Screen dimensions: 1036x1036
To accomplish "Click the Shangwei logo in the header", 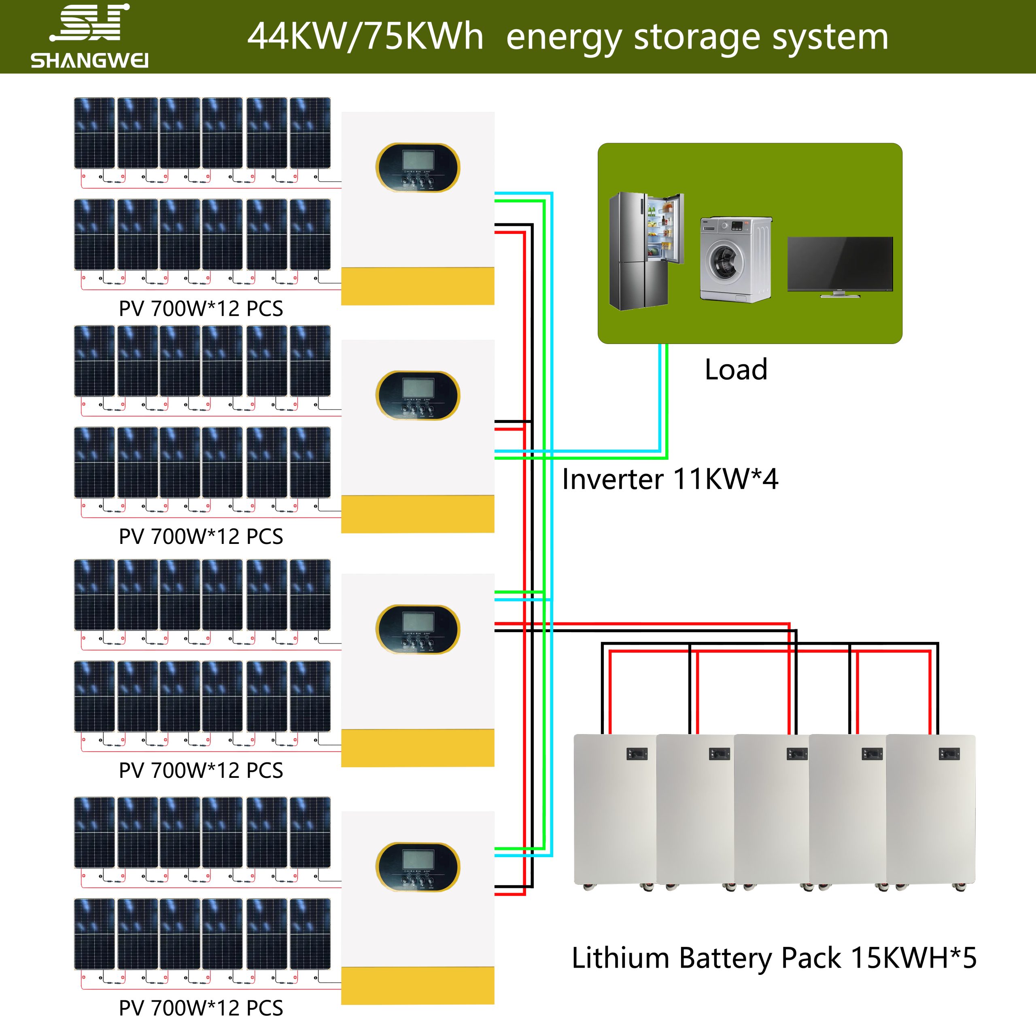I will tap(89, 36).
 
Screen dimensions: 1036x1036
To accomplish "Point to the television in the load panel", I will tap(840, 265).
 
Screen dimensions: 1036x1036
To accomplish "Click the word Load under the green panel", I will tap(736, 369).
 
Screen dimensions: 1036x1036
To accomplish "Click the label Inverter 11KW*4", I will tap(670, 479).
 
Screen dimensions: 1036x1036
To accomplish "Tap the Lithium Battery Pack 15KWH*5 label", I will tap(774, 958).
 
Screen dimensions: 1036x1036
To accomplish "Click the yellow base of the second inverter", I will tap(418, 514).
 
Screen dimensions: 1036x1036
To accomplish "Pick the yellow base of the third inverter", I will tap(418, 747).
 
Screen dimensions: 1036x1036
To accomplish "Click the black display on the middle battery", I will tap(797, 754).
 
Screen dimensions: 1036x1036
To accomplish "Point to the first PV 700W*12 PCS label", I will tap(201, 309).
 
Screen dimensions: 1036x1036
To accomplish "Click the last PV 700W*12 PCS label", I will tap(201, 1008).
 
